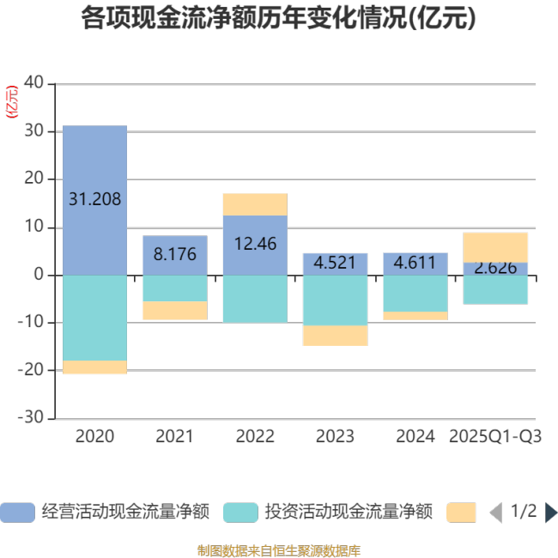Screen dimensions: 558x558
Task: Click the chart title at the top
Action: tap(278, 18)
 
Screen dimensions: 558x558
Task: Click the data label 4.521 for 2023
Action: tap(335, 263)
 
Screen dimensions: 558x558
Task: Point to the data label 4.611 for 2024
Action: tap(415, 263)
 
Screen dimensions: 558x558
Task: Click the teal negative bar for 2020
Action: tap(94, 318)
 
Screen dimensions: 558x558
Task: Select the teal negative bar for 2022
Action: tap(255, 299)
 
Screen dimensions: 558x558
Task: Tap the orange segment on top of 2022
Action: tap(255, 204)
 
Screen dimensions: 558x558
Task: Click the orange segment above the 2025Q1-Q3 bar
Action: tap(495, 247)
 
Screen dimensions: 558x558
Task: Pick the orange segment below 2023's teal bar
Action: tap(335, 336)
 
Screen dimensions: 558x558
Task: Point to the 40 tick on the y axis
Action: tap(33, 83)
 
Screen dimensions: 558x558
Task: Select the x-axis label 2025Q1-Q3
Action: tap(495, 436)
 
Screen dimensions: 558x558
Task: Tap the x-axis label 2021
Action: tap(174, 436)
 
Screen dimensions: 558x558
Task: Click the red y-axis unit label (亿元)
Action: tap(12, 101)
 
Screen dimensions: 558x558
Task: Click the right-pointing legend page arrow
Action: tap(550, 513)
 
